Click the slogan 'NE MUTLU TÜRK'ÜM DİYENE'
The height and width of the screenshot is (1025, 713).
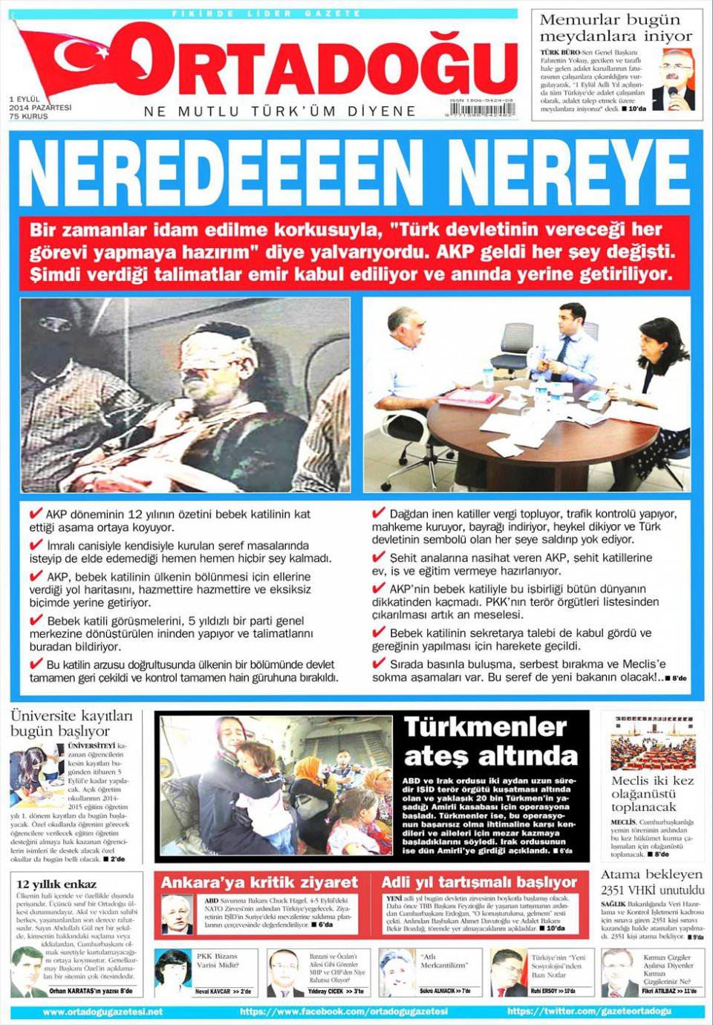pyautogui.click(x=279, y=111)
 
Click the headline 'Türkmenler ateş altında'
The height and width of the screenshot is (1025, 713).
pyautogui.click(x=490, y=740)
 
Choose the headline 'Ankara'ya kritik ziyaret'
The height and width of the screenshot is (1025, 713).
pyautogui.click(x=259, y=882)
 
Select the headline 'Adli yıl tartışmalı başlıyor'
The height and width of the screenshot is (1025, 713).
pyautogui.click(x=479, y=882)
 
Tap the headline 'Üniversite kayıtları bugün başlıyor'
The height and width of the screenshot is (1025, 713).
pyautogui.click(x=71, y=723)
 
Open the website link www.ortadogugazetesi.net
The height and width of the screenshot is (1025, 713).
pyautogui.click(x=102, y=1012)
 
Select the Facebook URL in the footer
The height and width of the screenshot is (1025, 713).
pyautogui.click(x=344, y=1012)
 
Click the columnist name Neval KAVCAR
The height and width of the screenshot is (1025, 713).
pyautogui.click(x=212, y=992)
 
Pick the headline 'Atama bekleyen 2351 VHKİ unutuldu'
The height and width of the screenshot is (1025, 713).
pyautogui.click(x=652, y=882)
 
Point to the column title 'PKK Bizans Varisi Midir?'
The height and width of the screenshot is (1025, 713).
pyautogui.click(x=217, y=960)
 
